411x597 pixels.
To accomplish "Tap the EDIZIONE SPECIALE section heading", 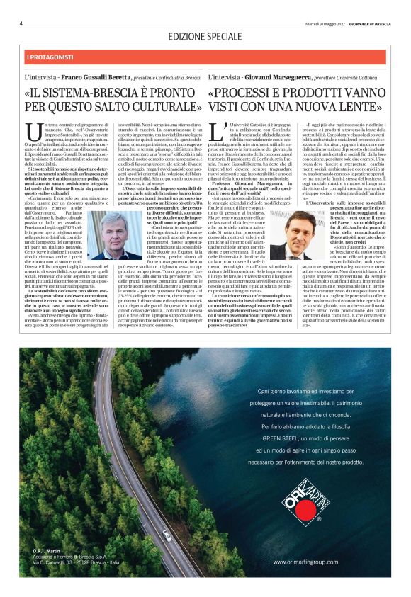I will coord(205,36).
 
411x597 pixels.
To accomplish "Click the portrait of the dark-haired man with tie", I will coord(292,235).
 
